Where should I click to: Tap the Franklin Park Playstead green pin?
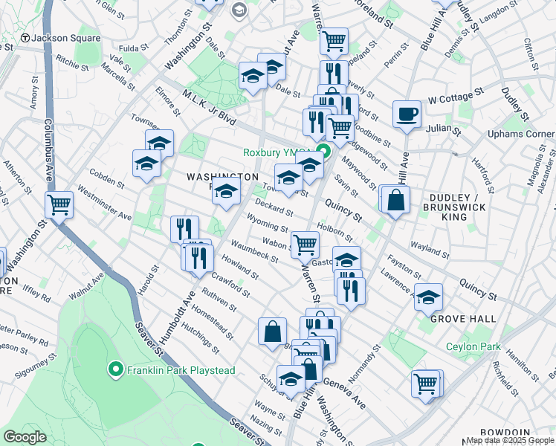coord(115,369)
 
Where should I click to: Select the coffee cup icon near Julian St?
coord(407,114)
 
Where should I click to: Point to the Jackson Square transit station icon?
coord(25,38)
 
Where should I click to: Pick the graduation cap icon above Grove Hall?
coord(428,297)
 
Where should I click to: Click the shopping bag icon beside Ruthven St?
coord(273,330)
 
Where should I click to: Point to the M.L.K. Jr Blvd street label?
coord(209,108)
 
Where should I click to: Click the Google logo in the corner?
coord(25,437)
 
